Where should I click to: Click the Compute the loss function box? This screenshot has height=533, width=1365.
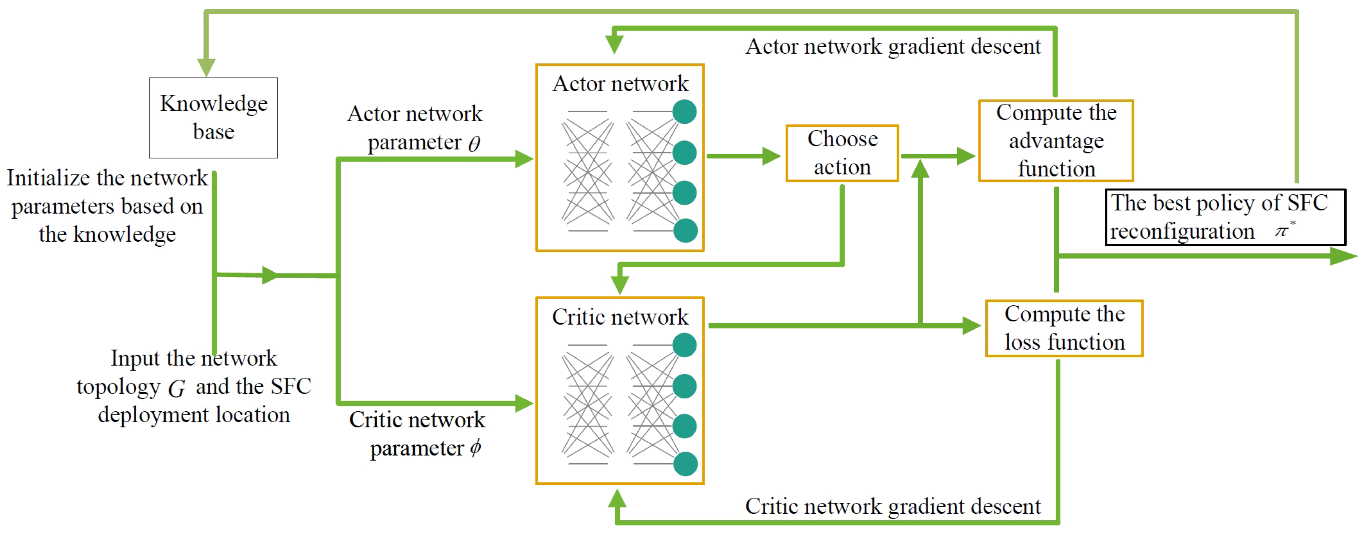click(x=1064, y=328)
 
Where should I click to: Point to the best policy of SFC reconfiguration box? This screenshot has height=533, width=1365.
click(x=1224, y=217)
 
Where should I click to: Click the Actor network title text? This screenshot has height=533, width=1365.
click(x=620, y=84)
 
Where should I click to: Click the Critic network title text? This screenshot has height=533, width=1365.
click(x=620, y=317)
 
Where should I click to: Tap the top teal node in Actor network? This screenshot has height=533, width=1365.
click(x=684, y=112)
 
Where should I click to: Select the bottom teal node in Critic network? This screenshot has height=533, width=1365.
click(x=685, y=464)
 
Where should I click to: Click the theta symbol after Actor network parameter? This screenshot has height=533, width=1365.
click(x=474, y=143)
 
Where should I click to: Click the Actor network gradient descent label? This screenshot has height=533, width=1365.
click(x=893, y=46)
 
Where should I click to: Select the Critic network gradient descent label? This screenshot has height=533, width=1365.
click(x=893, y=507)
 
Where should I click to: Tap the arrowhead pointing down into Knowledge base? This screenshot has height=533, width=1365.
click(x=206, y=67)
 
